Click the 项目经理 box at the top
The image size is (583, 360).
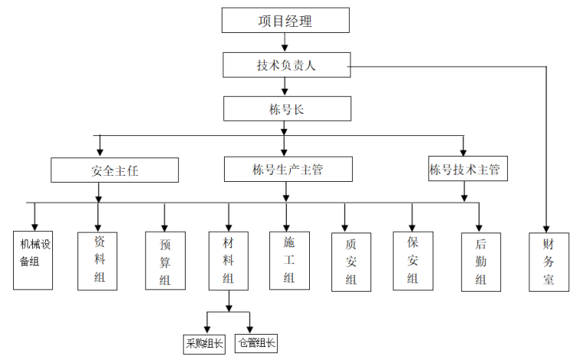[x=285, y=21]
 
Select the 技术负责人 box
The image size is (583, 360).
[x=285, y=65]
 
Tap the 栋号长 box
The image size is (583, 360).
[x=287, y=109]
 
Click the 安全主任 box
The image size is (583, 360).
[x=114, y=170]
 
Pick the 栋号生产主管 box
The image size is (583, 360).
[x=288, y=170]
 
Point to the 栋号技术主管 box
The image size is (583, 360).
[x=465, y=170]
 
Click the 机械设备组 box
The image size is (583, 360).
[x=33, y=259]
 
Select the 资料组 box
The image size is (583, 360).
[x=97, y=259]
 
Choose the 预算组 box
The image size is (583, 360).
[x=165, y=262]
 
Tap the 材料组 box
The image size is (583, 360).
[x=228, y=259]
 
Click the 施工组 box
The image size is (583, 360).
[x=289, y=259]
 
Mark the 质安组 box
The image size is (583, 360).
[x=351, y=262]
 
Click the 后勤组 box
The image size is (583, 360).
[x=480, y=262]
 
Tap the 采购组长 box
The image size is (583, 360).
[x=204, y=343]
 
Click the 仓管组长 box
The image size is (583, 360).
[x=255, y=343]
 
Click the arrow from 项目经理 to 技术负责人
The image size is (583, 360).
[x=285, y=43]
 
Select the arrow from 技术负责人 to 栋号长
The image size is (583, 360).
[x=285, y=87]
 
